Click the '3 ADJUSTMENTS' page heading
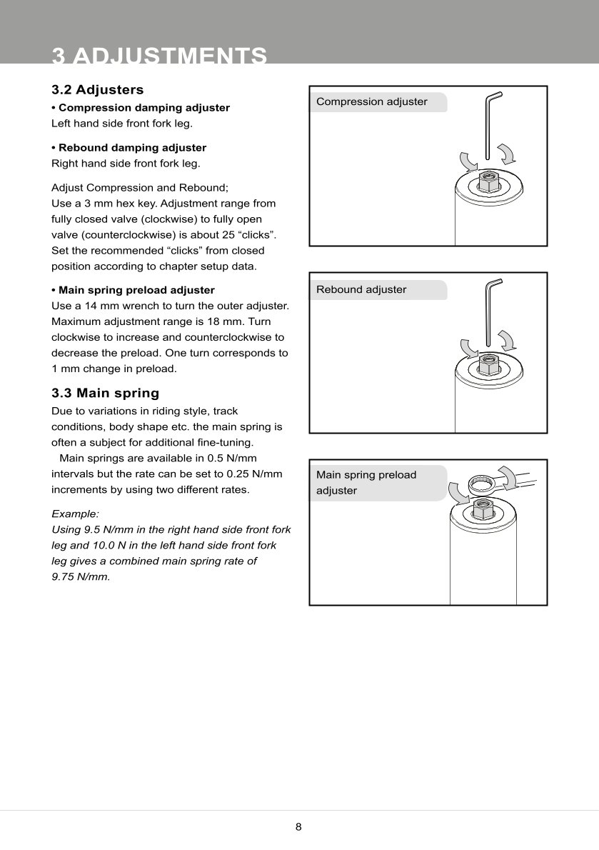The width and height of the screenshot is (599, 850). pos(159,56)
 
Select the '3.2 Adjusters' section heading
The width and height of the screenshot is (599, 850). pos(97,90)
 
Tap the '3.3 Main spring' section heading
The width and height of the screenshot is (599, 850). pos(105,393)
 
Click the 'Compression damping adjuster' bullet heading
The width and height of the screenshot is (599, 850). pos(144,108)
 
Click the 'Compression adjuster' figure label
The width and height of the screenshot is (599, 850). pos(372,101)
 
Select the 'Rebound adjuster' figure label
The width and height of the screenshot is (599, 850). pos(361,289)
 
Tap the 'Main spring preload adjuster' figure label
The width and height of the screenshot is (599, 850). pos(366,482)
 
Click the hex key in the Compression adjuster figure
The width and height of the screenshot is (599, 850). pos(488,129)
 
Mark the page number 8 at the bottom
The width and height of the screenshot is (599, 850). pos(298,827)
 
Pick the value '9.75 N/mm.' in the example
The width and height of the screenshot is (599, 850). pos(81,576)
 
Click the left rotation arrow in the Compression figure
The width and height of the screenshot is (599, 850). pos(468,161)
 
